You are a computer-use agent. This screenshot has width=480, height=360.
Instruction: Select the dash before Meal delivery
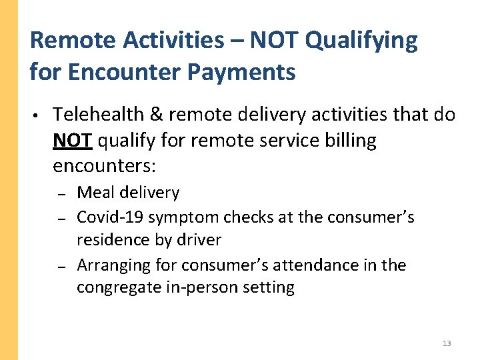pyautogui.click(x=60, y=194)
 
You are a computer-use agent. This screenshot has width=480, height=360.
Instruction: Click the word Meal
pyautogui.click(x=95, y=193)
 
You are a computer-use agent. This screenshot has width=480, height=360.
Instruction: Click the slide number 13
pyautogui.click(x=447, y=343)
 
